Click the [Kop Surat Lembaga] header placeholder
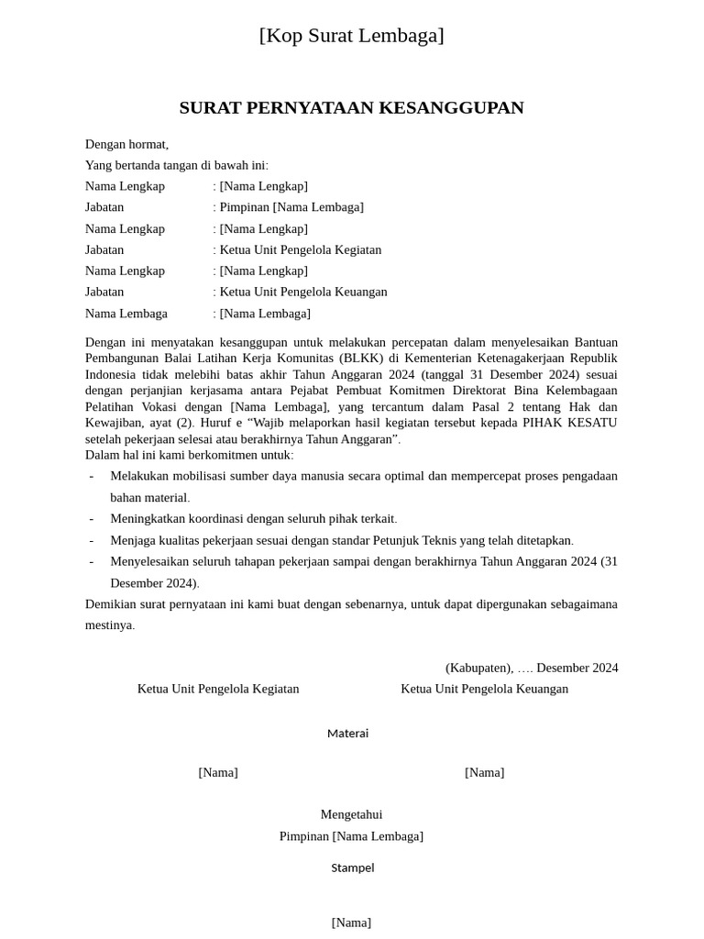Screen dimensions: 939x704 coord(351,36)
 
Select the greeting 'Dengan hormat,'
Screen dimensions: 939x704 coord(126,144)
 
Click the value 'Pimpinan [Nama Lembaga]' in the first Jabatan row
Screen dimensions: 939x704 coord(291,207)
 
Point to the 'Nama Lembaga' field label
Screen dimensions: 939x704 coord(126,314)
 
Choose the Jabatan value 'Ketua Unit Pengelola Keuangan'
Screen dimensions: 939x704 coord(303,292)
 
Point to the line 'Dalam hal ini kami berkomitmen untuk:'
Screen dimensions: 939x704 coord(190,455)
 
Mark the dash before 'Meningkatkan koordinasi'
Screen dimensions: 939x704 coord(91,519)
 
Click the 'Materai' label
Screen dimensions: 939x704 coord(347,734)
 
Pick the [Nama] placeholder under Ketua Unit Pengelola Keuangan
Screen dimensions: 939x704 coord(484,773)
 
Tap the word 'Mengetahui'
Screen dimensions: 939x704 coord(351,814)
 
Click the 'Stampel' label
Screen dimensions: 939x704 coord(352,867)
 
